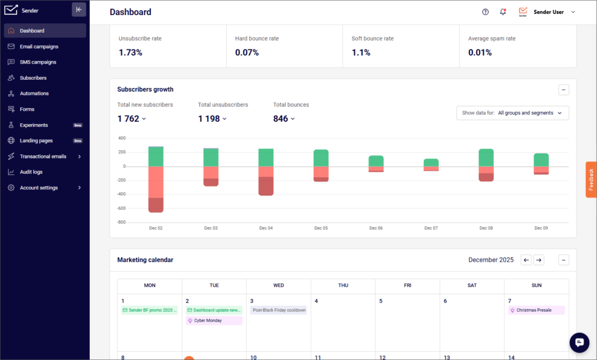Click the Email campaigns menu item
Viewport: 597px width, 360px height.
[x=38, y=47]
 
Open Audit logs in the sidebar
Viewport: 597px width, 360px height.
[x=31, y=172]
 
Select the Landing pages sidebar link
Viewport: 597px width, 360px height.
[x=36, y=140]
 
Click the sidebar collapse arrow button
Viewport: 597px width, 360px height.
[x=79, y=9]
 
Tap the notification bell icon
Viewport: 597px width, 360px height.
[x=503, y=12]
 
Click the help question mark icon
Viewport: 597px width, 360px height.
[x=485, y=12]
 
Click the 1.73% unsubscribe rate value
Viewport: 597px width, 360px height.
[x=131, y=52]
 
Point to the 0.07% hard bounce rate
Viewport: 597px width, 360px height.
[x=247, y=52]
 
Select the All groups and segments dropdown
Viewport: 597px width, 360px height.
[x=512, y=113]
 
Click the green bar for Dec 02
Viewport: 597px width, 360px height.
[x=156, y=157]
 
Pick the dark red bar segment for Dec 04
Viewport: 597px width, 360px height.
[x=266, y=186]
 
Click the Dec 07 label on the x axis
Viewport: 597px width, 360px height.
[x=431, y=228]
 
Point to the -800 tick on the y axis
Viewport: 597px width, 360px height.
[x=121, y=222]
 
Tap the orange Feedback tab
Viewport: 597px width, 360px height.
[x=591, y=179]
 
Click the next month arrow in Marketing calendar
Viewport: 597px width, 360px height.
[x=539, y=260]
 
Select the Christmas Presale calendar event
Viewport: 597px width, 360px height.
[x=536, y=310]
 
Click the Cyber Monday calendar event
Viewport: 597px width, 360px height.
[x=213, y=320]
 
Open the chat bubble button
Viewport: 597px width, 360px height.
[x=580, y=343]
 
